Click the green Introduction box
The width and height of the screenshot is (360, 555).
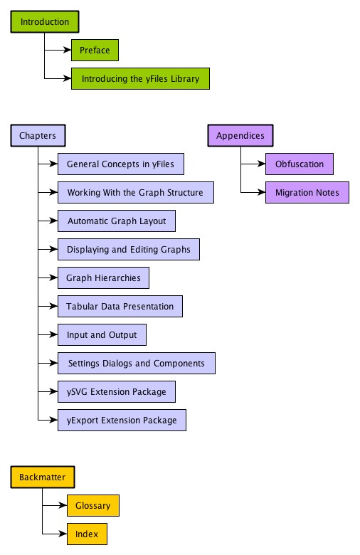click(44, 22)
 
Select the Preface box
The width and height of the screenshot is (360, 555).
click(95, 51)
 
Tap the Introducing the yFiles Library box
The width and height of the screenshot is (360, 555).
click(140, 78)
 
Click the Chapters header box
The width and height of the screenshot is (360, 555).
click(38, 135)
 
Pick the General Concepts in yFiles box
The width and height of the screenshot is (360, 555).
click(120, 164)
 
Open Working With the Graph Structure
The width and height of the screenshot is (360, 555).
click(135, 192)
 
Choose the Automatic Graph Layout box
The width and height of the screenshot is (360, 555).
click(116, 221)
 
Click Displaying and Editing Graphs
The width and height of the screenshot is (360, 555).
click(129, 249)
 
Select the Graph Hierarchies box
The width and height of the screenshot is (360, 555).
click(103, 277)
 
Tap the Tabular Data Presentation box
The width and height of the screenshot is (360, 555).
click(120, 306)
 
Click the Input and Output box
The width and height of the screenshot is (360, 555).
click(102, 334)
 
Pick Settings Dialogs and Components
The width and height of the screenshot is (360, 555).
click(136, 363)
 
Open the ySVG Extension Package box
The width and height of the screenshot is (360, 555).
click(116, 391)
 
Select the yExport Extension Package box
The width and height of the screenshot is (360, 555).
click(122, 420)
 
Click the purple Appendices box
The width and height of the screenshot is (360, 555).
click(240, 135)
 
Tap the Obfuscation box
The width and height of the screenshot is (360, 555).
click(299, 164)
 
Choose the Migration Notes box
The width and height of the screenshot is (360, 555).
click(307, 192)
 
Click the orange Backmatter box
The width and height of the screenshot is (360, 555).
click(43, 477)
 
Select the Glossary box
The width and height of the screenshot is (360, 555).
click(92, 505)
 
